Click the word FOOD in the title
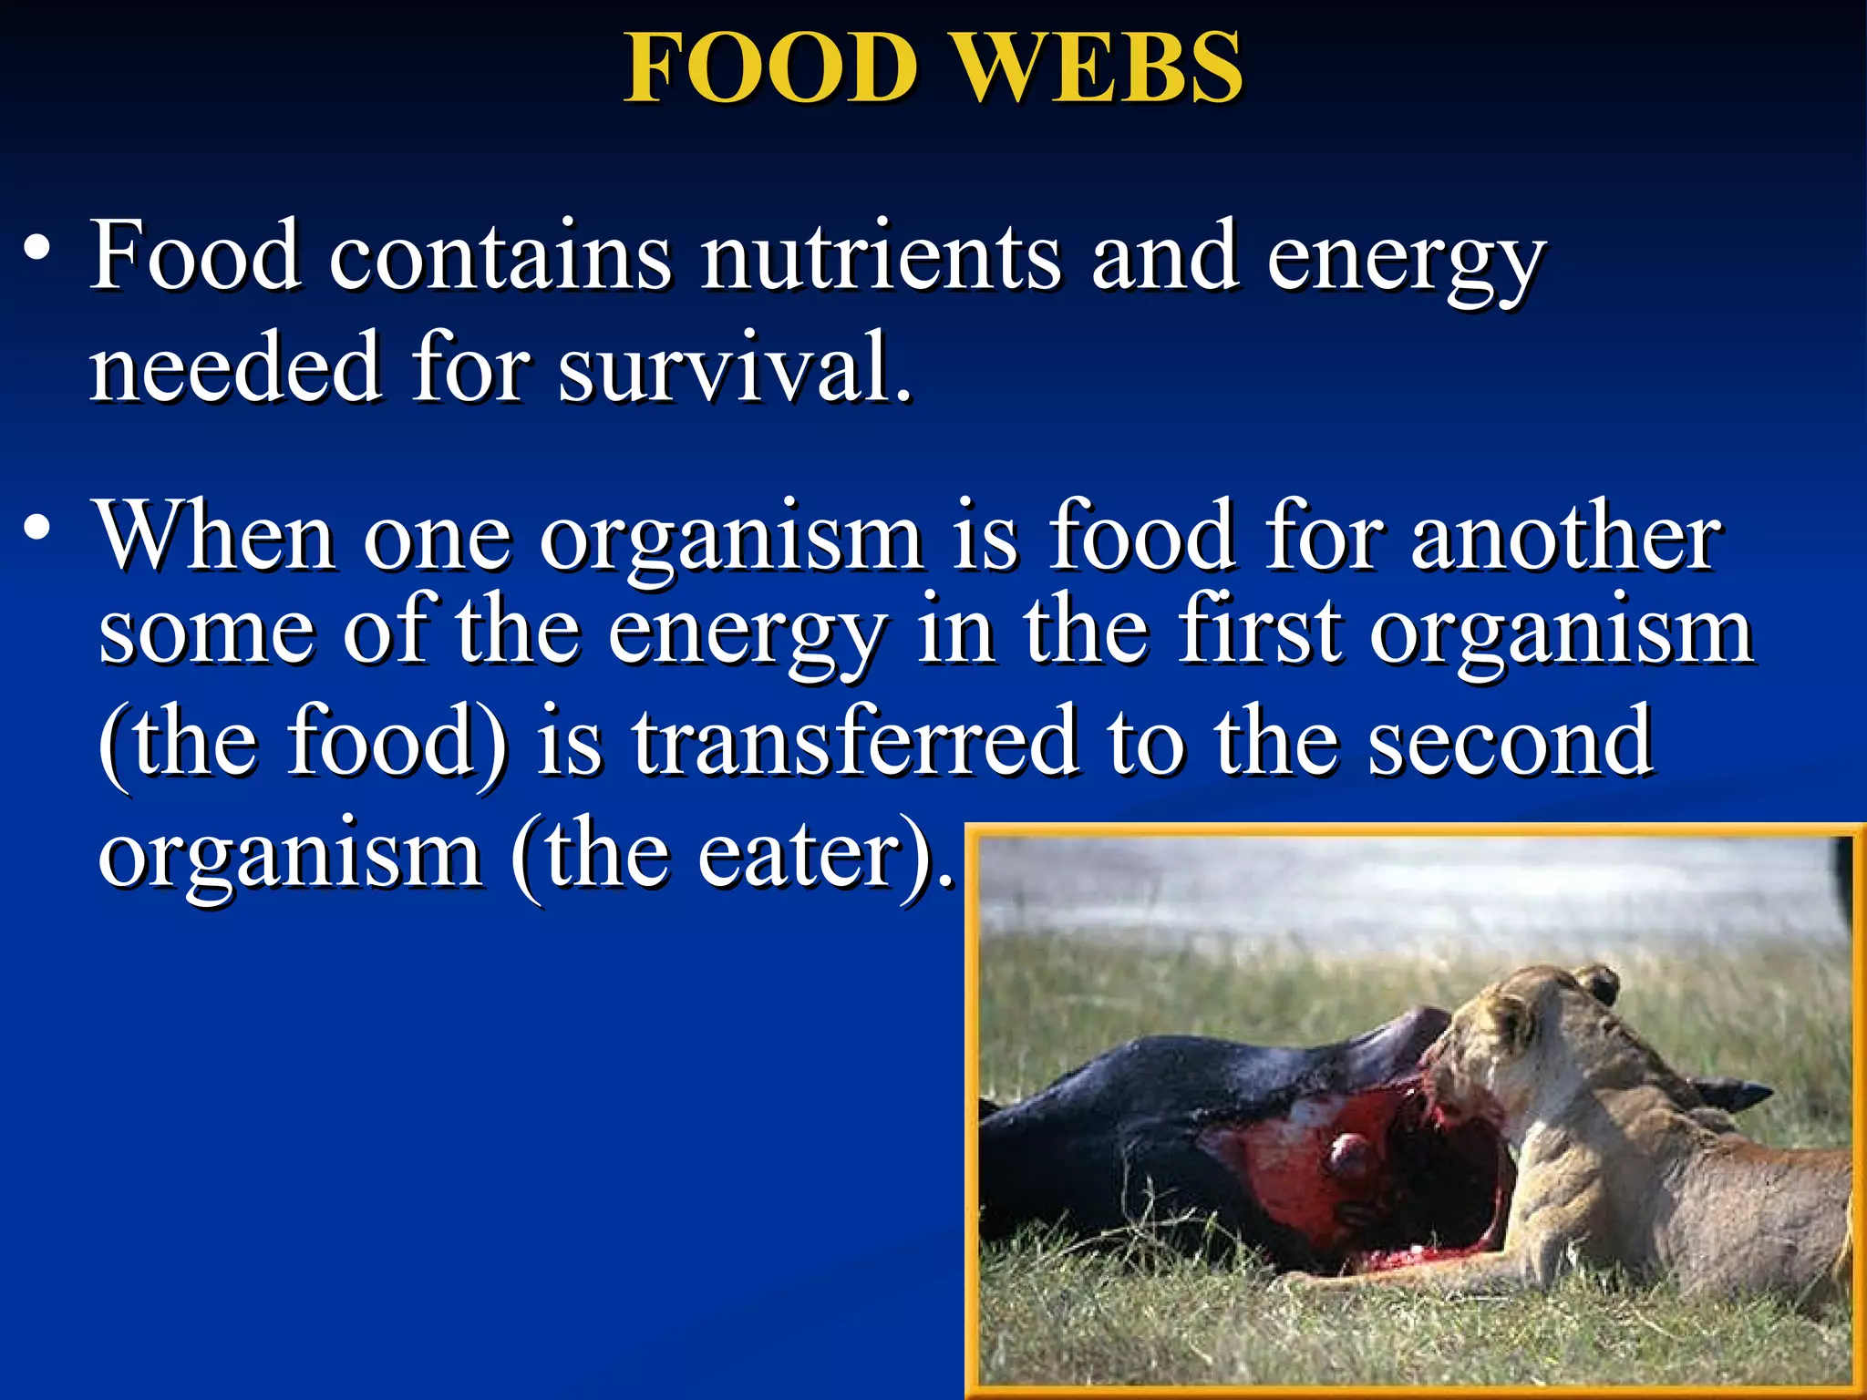(x=771, y=68)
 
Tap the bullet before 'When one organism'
(x=36, y=528)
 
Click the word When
(x=215, y=537)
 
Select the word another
(x=1565, y=537)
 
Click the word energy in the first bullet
(x=1404, y=264)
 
